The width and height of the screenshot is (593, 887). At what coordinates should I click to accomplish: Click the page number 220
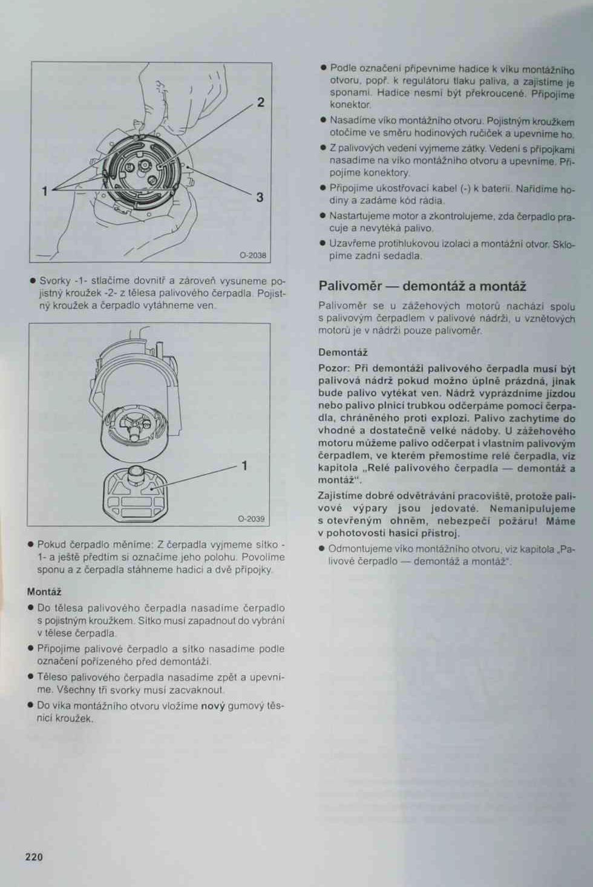[x=34, y=857]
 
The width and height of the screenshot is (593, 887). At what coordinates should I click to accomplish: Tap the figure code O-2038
[x=253, y=255]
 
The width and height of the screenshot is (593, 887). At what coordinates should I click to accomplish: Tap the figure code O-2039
[x=251, y=519]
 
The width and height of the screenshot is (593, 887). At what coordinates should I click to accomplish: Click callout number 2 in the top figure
[x=260, y=103]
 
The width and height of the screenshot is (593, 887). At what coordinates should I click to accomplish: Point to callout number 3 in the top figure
[x=260, y=197]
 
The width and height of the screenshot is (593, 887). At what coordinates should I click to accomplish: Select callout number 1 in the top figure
[x=45, y=192]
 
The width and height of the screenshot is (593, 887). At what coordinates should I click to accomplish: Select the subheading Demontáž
[x=343, y=352]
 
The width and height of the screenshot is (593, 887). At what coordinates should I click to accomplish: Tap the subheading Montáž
[x=44, y=592]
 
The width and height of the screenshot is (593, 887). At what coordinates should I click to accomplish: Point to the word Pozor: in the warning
[x=333, y=368]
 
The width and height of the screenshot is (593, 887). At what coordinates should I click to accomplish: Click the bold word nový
[x=213, y=706]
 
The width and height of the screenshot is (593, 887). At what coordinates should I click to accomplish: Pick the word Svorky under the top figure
[x=54, y=281]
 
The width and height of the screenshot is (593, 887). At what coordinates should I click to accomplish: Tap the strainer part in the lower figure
[x=136, y=494]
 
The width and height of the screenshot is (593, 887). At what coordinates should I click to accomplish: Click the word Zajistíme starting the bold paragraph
[x=339, y=496]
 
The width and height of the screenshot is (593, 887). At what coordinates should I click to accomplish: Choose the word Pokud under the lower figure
[x=50, y=545]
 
